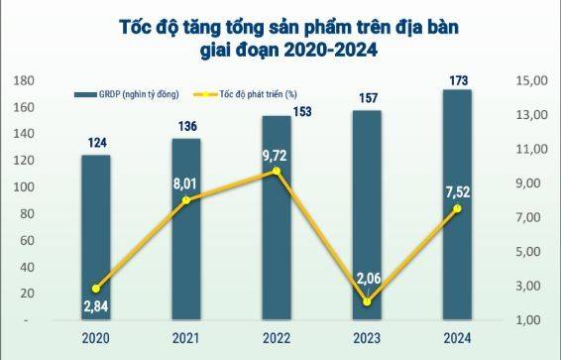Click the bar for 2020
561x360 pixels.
point(96,238)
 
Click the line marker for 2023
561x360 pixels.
point(367,301)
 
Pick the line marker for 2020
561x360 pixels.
point(96,289)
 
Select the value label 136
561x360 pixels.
point(186,125)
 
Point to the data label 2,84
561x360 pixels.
point(96,308)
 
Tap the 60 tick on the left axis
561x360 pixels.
point(32,241)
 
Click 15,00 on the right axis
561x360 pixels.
point(533,80)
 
